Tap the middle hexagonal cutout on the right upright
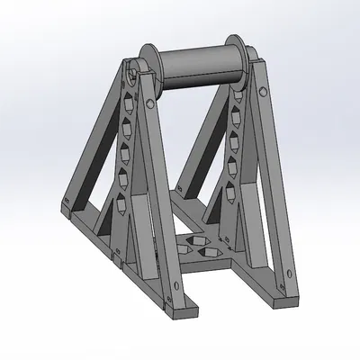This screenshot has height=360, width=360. coord(236,162)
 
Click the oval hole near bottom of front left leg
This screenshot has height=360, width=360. coord(166,288)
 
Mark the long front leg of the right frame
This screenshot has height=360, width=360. coord(275,180)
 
